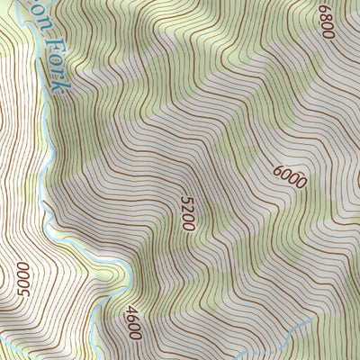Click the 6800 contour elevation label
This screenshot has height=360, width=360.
(x=325, y=21)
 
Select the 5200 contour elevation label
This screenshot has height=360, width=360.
(x=187, y=214)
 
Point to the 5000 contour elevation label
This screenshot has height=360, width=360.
(x=24, y=280)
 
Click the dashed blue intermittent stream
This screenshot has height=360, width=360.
(x=297, y=326)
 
